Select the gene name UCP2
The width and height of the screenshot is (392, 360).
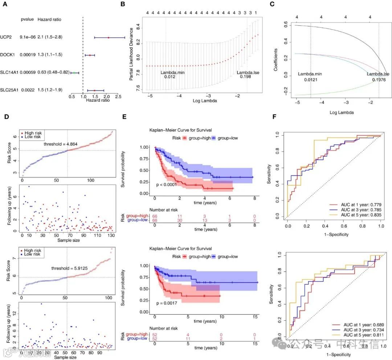6,37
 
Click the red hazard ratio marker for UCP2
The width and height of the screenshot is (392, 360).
108,37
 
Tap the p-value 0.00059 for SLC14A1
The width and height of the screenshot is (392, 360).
27,72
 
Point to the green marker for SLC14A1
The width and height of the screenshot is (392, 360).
74,73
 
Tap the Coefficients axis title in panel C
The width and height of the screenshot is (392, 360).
276,59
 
